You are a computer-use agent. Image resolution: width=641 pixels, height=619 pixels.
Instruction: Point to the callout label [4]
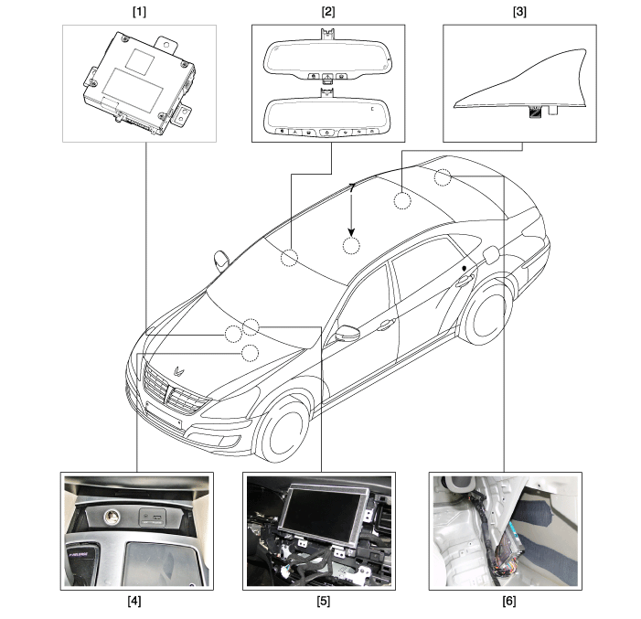tap(135, 603)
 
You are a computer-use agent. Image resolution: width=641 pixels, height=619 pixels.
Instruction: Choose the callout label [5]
tap(319, 603)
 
